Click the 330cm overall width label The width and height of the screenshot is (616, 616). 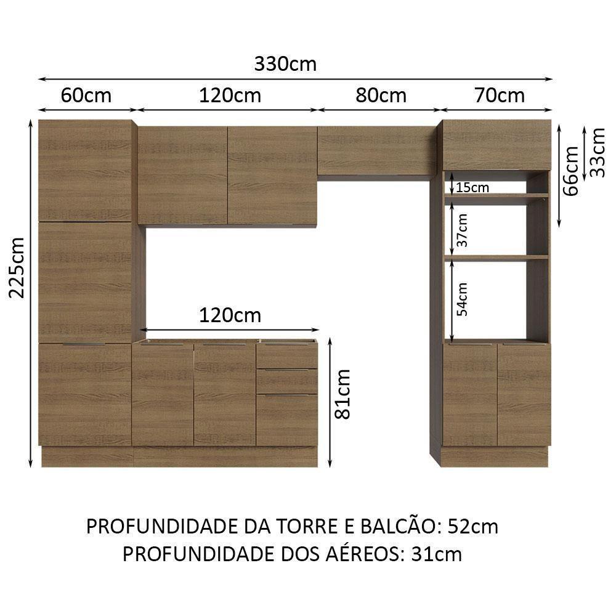tap(285, 64)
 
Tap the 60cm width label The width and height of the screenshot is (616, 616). tap(86, 95)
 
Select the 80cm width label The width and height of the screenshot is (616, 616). tap(381, 95)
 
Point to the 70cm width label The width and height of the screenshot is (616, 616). tap(500, 95)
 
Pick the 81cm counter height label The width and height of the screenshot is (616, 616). tap(343, 394)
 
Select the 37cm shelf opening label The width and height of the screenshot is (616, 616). tap(463, 230)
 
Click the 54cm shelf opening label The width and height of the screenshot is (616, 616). tap(463, 299)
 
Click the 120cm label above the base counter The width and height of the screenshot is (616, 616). tap(230, 316)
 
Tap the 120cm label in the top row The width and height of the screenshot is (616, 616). tap(230, 95)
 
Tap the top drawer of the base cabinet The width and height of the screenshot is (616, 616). tap(286, 356)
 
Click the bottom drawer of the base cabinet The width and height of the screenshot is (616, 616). tap(286, 420)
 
